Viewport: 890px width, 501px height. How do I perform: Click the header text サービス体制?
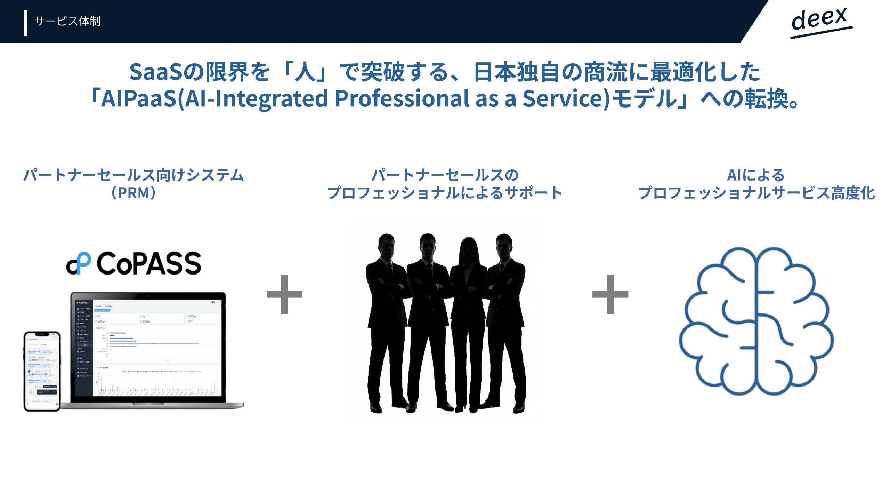coord(67,21)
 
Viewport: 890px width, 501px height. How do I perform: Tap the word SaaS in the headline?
coord(156,72)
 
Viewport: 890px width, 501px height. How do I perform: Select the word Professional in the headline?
coord(402,98)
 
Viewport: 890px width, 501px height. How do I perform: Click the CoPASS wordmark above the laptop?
coord(149,263)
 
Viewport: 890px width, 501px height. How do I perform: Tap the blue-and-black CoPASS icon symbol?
coord(79,263)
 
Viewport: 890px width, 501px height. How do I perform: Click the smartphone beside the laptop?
coord(42,371)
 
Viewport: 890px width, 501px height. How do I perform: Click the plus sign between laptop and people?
coord(284,294)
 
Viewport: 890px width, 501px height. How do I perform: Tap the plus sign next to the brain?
coord(610,294)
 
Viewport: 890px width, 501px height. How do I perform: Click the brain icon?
coord(756,322)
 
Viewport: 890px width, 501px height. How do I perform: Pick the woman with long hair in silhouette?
coord(468,320)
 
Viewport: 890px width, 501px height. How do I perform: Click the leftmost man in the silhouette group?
coord(386,320)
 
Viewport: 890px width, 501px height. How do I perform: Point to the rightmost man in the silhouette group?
coord(506,320)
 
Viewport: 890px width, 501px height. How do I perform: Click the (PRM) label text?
coord(133,193)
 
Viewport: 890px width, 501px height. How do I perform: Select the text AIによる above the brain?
coord(756,175)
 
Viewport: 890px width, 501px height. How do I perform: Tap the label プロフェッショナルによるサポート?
coord(445,193)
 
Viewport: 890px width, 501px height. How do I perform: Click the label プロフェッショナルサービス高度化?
coord(756,193)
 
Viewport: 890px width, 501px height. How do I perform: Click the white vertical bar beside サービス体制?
coord(26,23)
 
